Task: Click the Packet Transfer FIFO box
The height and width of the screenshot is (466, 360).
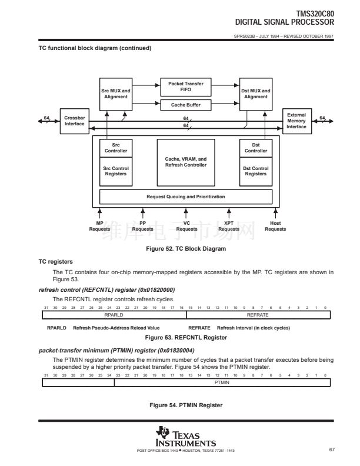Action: (186, 87)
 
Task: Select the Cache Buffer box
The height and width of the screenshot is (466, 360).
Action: (186, 105)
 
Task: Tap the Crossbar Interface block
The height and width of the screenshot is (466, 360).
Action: (75, 121)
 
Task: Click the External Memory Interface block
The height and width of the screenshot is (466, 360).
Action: (297, 121)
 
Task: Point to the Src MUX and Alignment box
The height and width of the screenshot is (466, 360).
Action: (116, 94)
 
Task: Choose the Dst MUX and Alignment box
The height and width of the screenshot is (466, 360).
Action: (256, 94)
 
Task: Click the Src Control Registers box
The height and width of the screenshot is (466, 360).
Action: (116, 171)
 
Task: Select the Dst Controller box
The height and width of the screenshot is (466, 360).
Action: (256, 148)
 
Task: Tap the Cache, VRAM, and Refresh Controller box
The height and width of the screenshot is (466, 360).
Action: (186, 162)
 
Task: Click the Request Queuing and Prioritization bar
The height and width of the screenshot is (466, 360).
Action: (186, 197)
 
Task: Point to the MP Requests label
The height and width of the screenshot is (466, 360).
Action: (99, 226)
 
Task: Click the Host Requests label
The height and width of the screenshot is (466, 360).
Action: (275, 226)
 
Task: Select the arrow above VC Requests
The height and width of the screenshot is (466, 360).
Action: (186, 213)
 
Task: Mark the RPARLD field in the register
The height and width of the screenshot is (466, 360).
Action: (114, 315)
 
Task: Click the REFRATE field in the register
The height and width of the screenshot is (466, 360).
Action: (258, 315)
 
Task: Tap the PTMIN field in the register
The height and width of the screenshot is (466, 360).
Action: (222, 383)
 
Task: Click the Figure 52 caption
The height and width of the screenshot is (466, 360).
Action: (186, 249)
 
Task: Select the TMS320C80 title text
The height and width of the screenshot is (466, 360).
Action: (315, 14)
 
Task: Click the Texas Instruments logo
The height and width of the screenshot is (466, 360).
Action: (186, 437)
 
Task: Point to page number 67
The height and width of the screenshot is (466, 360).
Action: (332, 450)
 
